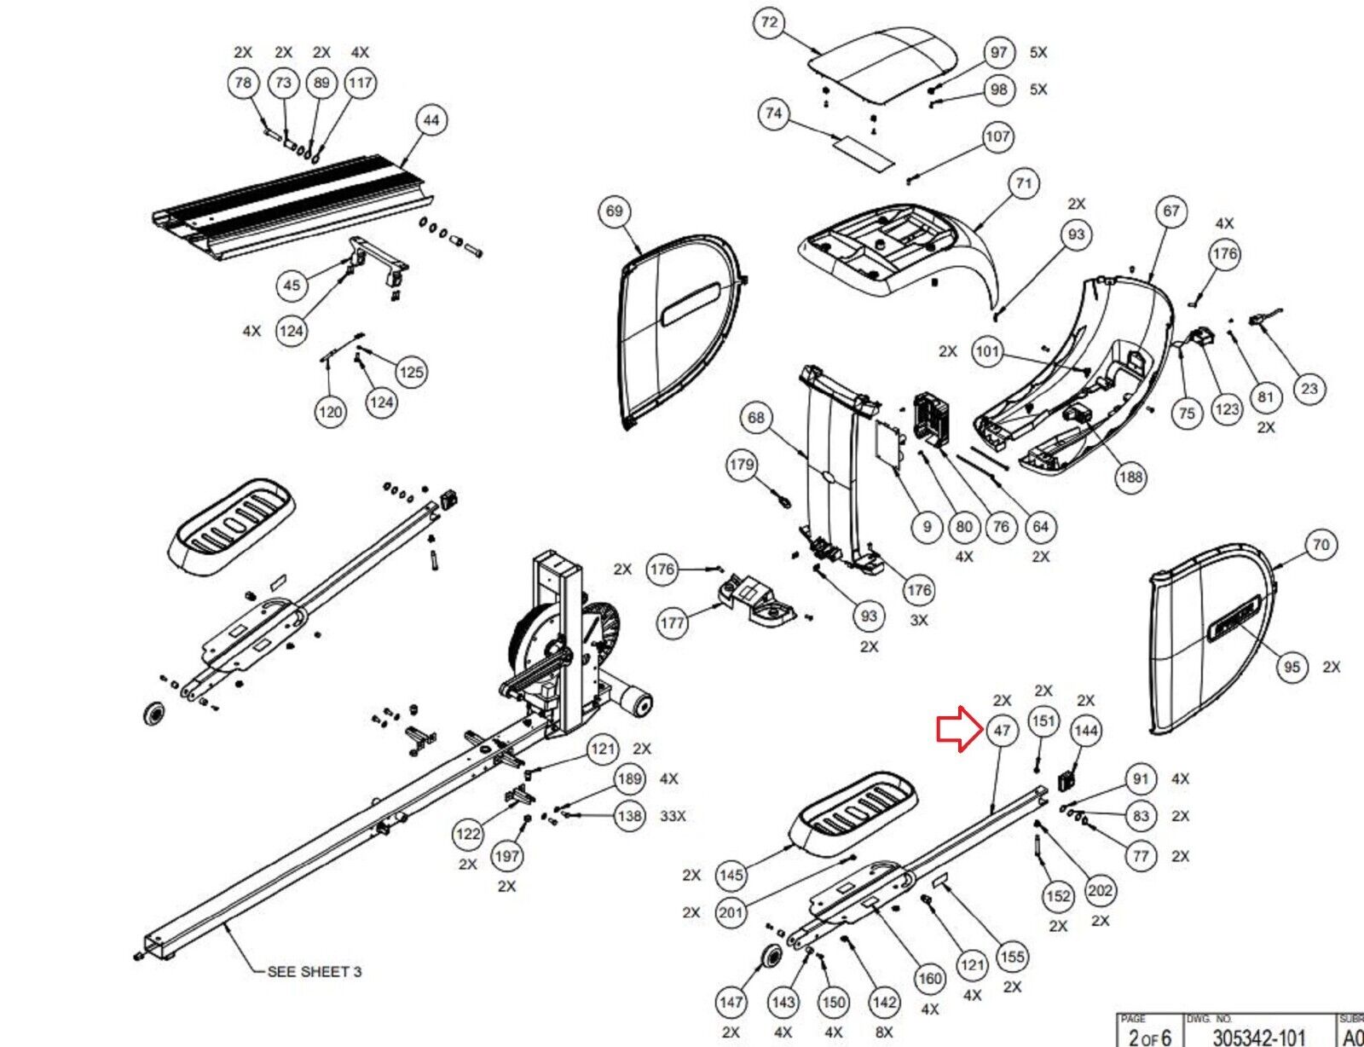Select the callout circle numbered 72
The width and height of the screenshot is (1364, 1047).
tap(769, 22)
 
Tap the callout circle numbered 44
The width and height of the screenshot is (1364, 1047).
tap(431, 120)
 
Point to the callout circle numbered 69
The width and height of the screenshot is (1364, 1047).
tap(614, 211)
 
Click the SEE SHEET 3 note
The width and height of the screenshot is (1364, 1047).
tap(314, 971)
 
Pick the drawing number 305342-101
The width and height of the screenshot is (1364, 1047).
tap(1258, 1037)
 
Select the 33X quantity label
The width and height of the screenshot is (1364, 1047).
tap(673, 816)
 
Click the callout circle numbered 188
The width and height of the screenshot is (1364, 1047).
tap(1130, 477)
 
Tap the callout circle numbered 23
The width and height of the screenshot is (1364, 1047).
tap(1309, 389)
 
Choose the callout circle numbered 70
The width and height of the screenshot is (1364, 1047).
tap(1321, 545)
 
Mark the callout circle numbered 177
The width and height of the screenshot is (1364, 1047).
tap(673, 623)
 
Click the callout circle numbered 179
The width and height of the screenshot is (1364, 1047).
tap(742, 465)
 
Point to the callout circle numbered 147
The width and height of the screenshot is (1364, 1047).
tap(731, 1002)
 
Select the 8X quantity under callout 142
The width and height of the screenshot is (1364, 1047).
tap(884, 1032)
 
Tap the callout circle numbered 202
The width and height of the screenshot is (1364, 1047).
tap(1100, 891)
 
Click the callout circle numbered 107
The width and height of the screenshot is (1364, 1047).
tap(997, 136)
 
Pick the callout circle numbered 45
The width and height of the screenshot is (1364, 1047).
tap(292, 285)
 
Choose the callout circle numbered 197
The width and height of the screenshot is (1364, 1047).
tap(507, 856)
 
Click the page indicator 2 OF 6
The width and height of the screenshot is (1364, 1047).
tap(1149, 1037)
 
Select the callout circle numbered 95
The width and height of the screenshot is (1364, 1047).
tap(1292, 667)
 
